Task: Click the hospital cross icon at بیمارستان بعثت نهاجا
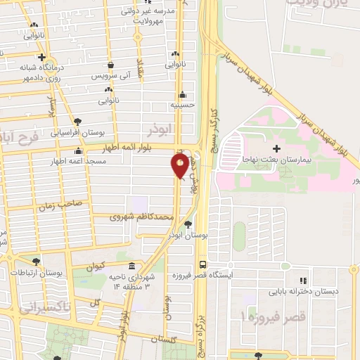[276, 148]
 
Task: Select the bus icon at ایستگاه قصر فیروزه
[203, 264]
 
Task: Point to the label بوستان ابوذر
[186, 235]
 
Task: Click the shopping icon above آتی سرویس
[108, 64]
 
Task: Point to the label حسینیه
[181, 105]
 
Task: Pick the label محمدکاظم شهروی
[143, 218]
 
